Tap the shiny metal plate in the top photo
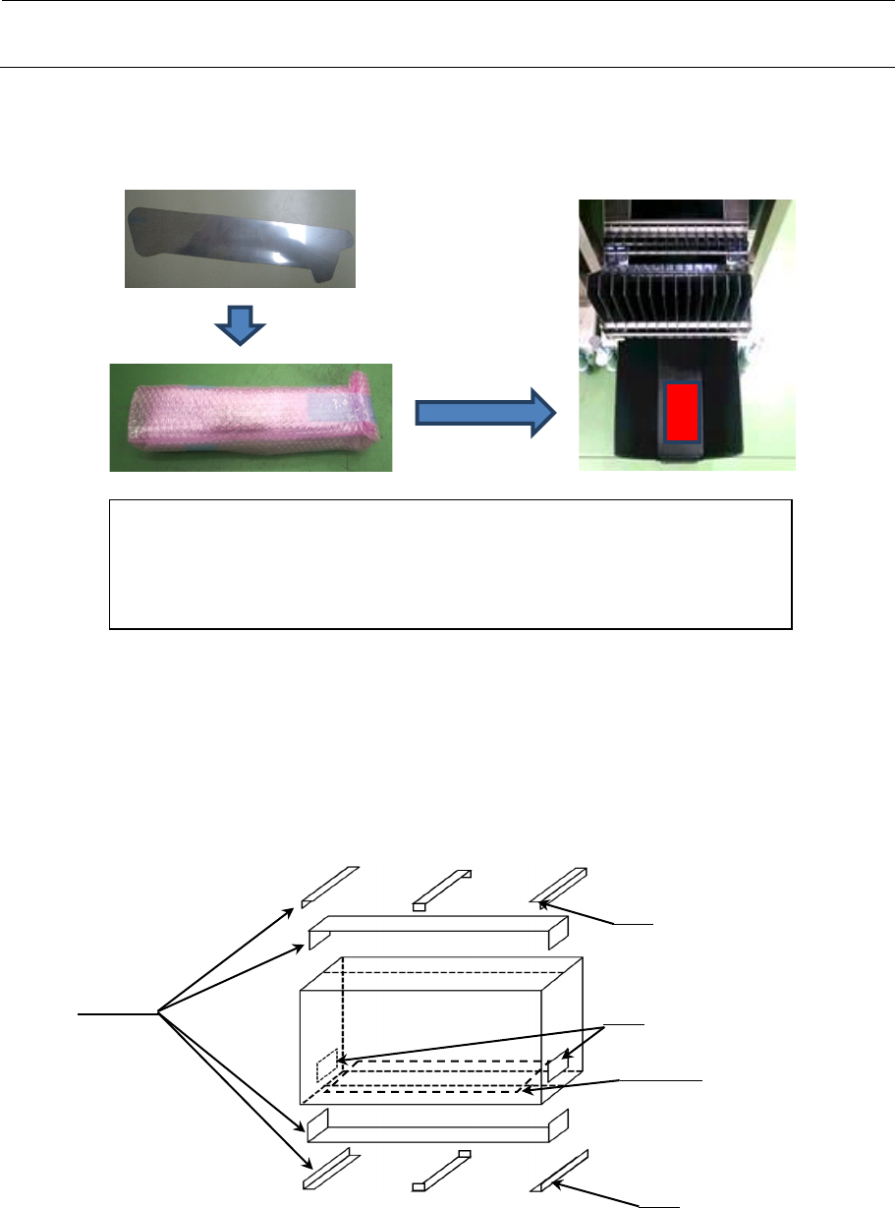239,239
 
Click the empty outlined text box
449,563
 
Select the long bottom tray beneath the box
437,1127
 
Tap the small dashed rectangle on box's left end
326,1067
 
